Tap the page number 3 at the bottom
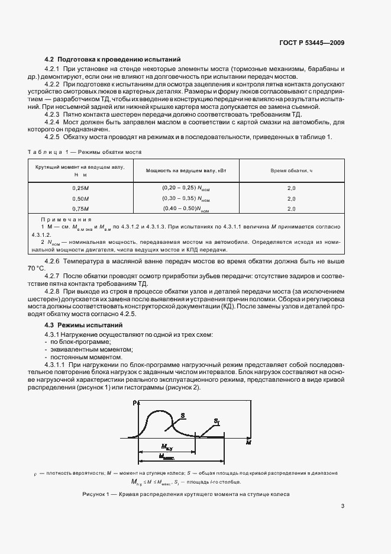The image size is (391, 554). [x=342, y=505]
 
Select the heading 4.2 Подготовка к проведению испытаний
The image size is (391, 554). [x=113, y=60]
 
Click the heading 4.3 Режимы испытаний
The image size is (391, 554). [x=84, y=326]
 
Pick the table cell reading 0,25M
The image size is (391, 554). [x=80, y=188]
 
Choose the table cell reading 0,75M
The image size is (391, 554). [x=80, y=209]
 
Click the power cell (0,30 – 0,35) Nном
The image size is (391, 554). [x=186, y=198]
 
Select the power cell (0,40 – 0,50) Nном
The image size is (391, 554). [x=186, y=209]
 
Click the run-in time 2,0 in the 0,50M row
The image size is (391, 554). [x=291, y=198]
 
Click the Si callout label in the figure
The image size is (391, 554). [x=217, y=421]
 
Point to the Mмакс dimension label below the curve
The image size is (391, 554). [x=168, y=456]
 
